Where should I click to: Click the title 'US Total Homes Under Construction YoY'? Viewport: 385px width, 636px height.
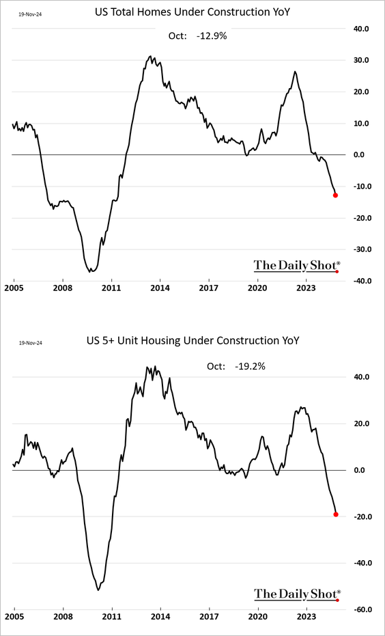pyautogui.click(x=192, y=12)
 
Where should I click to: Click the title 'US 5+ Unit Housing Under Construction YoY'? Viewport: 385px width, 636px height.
pyautogui.click(x=192, y=340)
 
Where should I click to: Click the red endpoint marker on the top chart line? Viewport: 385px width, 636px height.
pyautogui.click(x=335, y=195)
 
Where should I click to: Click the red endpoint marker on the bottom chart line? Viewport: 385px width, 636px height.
pyautogui.click(x=336, y=514)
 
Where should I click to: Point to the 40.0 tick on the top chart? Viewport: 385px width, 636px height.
pyautogui.click(x=361, y=29)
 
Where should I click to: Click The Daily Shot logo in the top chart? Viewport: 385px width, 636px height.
pyautogui.click(x=297, y=266)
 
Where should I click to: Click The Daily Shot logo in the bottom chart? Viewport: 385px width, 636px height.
pyautogui.click(x=297, y=594)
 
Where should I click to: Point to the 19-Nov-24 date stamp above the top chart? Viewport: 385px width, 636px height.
pyautogui.click(x=29, y=13)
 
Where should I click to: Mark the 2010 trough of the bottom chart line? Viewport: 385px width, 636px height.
pyautogui.click(x=98, y=590)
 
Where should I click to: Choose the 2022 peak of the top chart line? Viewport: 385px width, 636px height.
pyautogui.click(x=295, y=71)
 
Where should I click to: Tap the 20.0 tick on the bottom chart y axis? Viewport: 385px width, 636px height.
pyautogui.click(x=361, y=424)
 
